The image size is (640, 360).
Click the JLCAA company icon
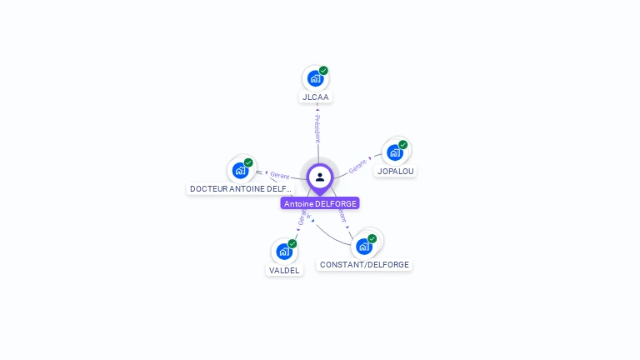point(314,78)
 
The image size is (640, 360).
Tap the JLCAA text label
point(316,97)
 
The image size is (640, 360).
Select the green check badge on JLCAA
point(323,71)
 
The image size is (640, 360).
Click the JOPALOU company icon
point(394,152)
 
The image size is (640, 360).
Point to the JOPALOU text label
point(395,172)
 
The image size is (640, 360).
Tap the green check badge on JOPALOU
point(402,145)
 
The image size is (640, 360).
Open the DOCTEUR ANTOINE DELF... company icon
point(240,170)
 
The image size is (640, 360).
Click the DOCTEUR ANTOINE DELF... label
point(241,189)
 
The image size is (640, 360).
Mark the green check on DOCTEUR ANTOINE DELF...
point(248,162)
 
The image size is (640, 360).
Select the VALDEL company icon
point(284,251)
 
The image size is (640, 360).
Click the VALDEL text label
point(284,270)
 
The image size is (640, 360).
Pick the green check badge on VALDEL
point(292,243)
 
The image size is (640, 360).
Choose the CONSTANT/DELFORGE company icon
point(363,246)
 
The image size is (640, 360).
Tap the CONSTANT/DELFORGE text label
point(364,265)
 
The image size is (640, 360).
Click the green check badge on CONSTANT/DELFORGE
point(372,238)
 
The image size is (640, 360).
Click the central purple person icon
point(320,177)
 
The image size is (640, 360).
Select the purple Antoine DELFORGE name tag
point(320,203)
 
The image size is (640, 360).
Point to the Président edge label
point(317,128)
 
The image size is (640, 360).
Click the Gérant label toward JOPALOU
point(357,166)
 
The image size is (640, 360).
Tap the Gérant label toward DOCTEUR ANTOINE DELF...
point(279,176)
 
